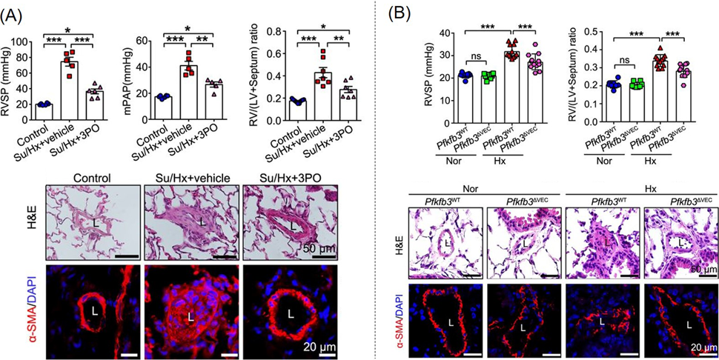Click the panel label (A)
tap(16, 12)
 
